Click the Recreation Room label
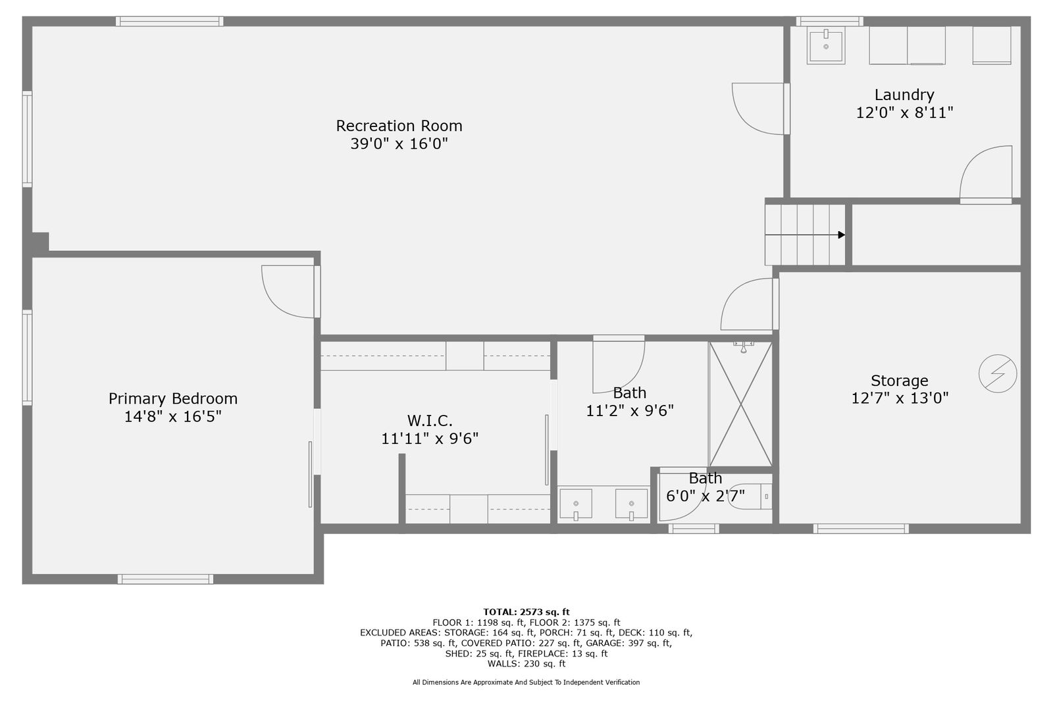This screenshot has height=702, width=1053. point(399,126)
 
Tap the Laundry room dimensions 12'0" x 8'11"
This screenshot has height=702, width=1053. point(904,113)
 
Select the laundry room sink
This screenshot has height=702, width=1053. point(826,45)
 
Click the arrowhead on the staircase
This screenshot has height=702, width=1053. point(842,235)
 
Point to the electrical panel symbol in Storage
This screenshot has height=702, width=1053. point(998,373)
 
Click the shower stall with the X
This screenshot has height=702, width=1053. point(740,404)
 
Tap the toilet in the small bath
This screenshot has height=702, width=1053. point(750,497)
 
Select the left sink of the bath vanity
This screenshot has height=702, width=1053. point(576,504)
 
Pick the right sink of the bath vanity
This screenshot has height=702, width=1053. point(631,504)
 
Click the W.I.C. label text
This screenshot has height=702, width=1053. point(430,420)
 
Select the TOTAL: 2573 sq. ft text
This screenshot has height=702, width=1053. point(526,612)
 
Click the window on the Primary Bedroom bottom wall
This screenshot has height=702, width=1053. point(165,580)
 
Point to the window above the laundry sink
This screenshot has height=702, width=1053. point(830,21)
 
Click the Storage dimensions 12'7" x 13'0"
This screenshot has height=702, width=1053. point(900,398)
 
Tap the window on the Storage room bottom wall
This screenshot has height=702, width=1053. point(861,529)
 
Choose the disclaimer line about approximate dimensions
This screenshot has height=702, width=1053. point(526,682)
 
